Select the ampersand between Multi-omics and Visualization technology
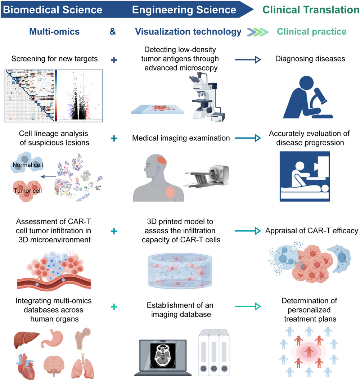(113, 32)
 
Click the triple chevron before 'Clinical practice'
(258, 32)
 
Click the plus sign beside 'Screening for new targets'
(114, 60)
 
